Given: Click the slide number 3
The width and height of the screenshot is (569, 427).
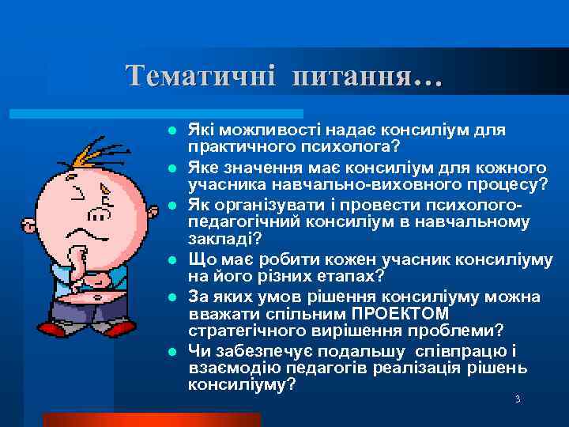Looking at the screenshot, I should [x=518, y=399].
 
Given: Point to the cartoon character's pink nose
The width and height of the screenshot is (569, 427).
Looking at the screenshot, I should [x=100, y=213].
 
